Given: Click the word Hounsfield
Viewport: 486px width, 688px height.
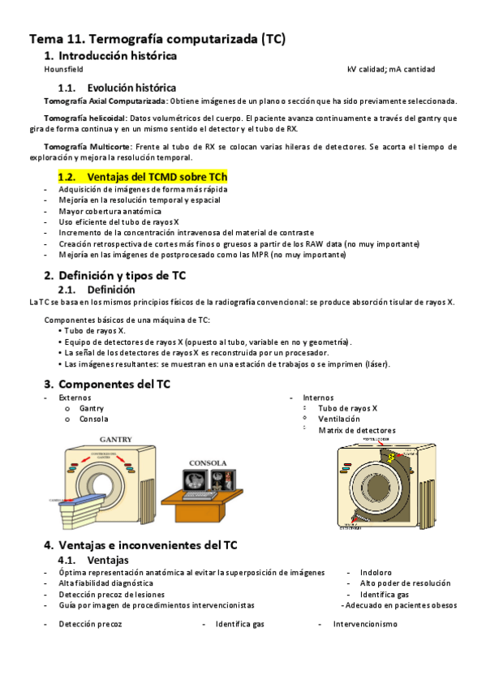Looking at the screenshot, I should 63,70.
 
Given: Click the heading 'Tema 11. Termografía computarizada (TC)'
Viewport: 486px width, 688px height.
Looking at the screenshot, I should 157,38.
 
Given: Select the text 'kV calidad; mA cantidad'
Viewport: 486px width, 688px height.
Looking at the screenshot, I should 390,70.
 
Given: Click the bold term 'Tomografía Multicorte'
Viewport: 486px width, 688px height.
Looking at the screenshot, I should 80,147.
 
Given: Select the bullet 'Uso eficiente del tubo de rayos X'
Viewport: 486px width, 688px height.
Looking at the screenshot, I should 118,221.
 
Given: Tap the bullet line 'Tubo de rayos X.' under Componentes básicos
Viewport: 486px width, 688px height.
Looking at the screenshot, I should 95,331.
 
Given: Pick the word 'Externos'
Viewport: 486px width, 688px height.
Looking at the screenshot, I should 75,398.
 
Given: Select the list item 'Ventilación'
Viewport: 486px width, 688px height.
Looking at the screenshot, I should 338,419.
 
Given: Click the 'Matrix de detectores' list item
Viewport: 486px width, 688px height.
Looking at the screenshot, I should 357,430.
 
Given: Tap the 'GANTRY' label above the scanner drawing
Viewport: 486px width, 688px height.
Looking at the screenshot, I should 116,439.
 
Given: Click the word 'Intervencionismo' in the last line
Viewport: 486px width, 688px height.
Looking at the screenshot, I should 365,624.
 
